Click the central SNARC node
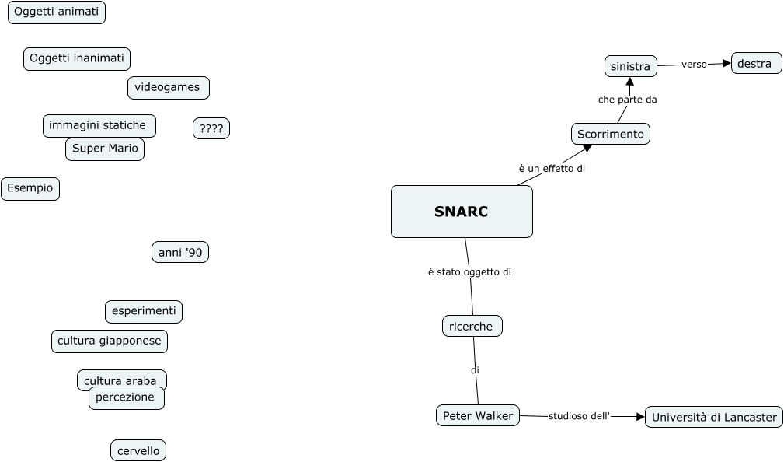(462, 212)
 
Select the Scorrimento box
(611, 134)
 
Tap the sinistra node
(630, 66)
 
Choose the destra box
(756, 64)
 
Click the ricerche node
(472, 326)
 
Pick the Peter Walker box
(478, 416)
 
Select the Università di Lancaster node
(714, 417)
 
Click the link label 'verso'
(694, 65)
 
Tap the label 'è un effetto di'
(552, 168)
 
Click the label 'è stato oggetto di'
(469, 272)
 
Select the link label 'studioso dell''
(579, 416)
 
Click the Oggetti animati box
(57, 12)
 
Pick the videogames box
(168, 87)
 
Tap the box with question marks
(211, 128)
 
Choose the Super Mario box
(105, 149)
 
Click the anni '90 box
(179, 253)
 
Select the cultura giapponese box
(110, 341)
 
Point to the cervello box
(138, 450)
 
